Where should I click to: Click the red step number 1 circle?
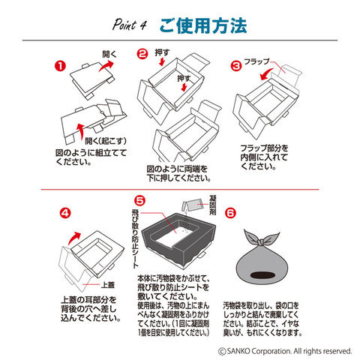[x=60, y=67]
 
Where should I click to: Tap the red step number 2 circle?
[x=142, y=54]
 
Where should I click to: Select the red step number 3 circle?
[x=236, y=66]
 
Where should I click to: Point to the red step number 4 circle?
[x=65, y=213]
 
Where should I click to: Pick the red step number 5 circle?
[x=139, y=200]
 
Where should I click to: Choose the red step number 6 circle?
[x=230, y=213]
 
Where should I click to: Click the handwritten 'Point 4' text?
[x=129, y=25]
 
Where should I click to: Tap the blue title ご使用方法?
[x=203, y=26]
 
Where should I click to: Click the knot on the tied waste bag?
[x=261, y=242]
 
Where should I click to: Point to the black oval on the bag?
[x=262, y=275]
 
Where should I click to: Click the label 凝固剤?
[x=212, y=205]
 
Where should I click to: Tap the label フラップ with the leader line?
[x=256, y=61]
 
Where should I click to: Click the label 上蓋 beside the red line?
[x=108, y=285]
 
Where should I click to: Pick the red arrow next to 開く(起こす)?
[x=80, y=131]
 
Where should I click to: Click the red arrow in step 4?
[x=74, y=238]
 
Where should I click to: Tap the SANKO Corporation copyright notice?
[x=285, y=351]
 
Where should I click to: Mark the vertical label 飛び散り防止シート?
[x=135, y=238]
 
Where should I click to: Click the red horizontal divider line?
[x=180, y=190]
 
